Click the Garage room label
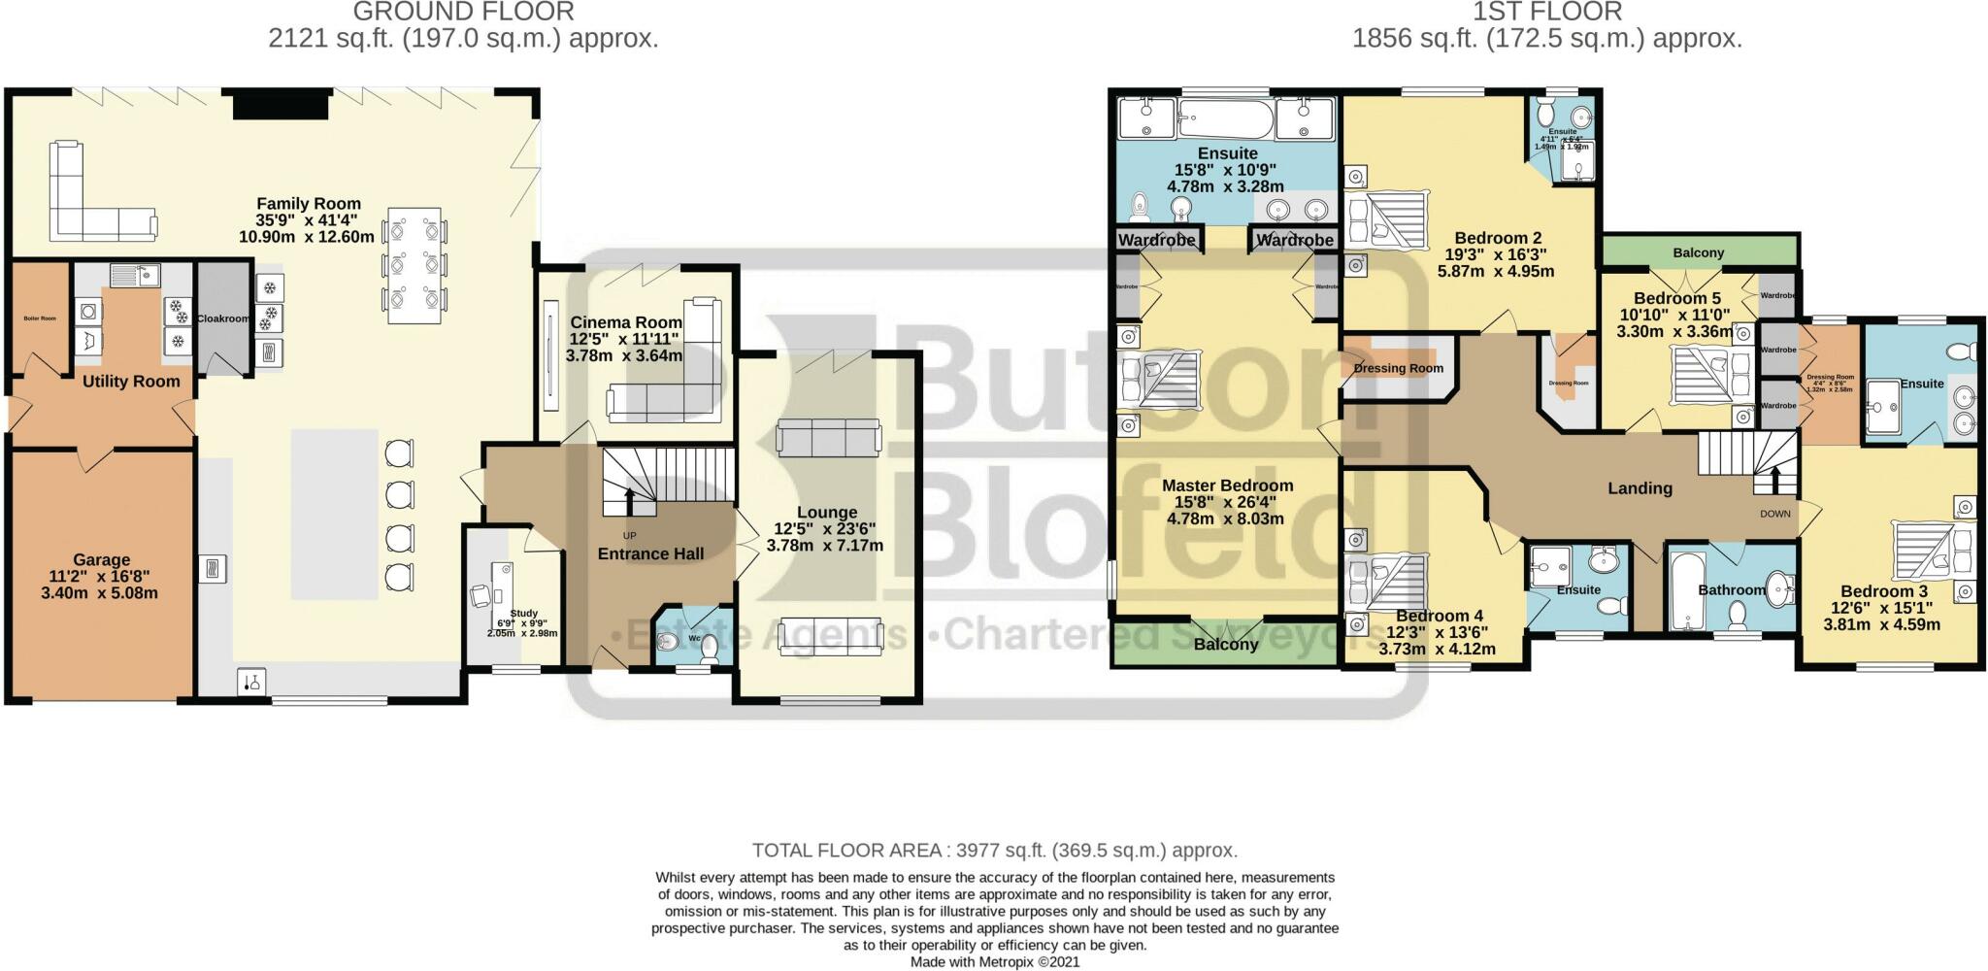[x=101, y=560]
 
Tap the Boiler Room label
[x=40, y=318]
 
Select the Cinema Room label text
[x=625, y=322]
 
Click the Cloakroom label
[x=223, y=318]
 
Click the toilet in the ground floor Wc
[x=710, y=647]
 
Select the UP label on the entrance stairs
[x=630, y=535]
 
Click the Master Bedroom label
[x=1227, y=485]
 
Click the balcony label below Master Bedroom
[x=1225, y=645]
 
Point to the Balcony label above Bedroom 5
[x=1698, y=252]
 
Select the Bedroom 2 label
[x=1498, y=238]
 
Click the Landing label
[x=1640, y=488]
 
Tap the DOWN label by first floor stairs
[x=1774, y=514]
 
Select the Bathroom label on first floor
[x=1731, y=589]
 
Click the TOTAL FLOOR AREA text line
[x=994, y=851]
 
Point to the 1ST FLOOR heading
[x=1547, y=12]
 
